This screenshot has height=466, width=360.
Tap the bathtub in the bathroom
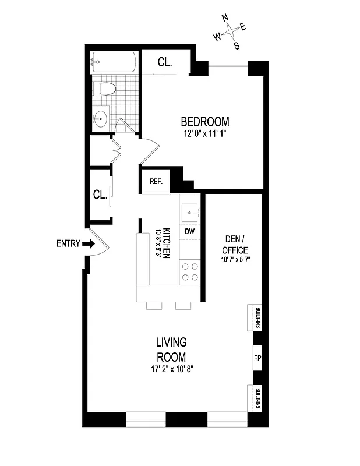click(x=115, y=63)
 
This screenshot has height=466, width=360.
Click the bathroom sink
click(x=101, y=118)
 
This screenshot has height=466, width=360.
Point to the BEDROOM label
click(x=204, y=122)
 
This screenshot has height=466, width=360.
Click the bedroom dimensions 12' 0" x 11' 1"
click(x=204, y=133)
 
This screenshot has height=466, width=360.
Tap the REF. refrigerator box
click(x=156, y=181)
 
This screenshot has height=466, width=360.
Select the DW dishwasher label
click(x=189, y=231)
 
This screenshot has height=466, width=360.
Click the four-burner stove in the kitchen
click(x=190, y=271)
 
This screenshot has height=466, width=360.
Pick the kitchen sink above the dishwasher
click(x=189, y=211)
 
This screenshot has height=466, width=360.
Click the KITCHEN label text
click(x=166, y=242)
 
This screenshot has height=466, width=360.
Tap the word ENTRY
click(x=68, y=244)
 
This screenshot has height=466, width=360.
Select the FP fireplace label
click(x=256, y=358)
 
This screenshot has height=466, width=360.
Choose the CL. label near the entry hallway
click(x=100, y=195)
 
